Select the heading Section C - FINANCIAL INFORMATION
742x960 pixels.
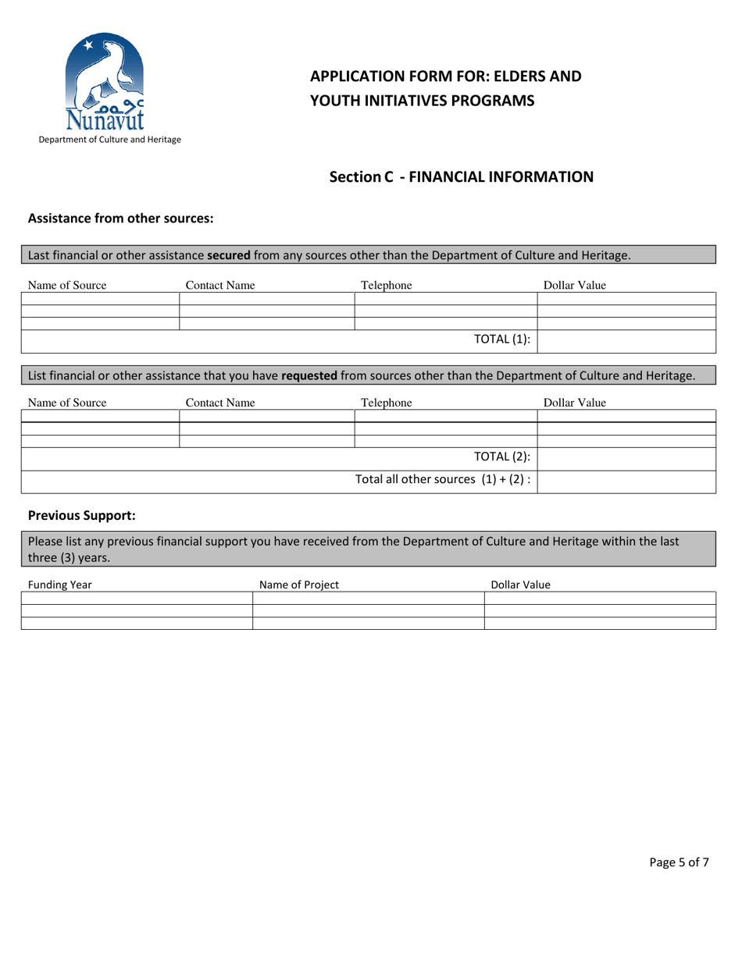tap(461, 177)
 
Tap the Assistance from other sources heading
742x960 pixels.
tap(120, 219)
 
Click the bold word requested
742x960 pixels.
tap(309, 375)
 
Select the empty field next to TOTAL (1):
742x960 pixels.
tap(626, 341)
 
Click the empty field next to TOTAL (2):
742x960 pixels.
tap(626, 459)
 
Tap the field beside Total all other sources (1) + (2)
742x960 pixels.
tap(626, 481)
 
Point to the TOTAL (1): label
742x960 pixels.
tap(502, 339)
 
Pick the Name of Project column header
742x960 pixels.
tap(299, 585)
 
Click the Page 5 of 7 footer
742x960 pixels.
tap(679, 862)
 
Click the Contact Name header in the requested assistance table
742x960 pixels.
tap(219, 403)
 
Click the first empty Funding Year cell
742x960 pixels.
tap(137, 598)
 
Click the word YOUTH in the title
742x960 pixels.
tap(334, 100)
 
